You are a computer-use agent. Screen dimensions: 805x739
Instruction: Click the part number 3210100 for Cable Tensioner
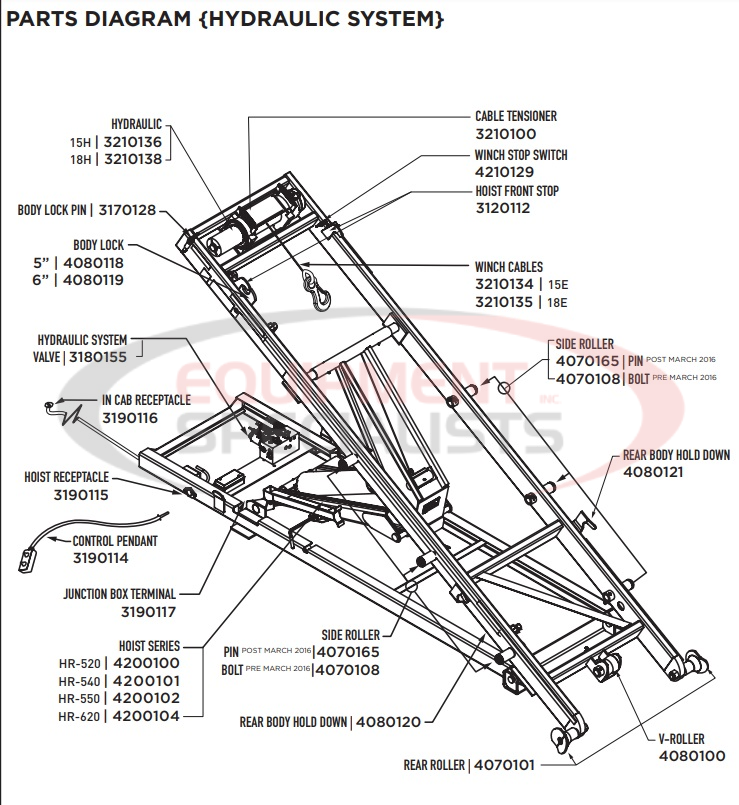(x=505, y=133)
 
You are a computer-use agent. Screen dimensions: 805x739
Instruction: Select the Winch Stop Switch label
(x=520, y=156)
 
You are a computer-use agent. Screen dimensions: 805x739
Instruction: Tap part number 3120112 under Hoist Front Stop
(x=502, y=208)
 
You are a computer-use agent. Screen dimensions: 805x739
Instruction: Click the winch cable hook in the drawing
(x=318, y=292)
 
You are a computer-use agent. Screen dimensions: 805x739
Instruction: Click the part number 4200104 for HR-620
(x=146, y=716)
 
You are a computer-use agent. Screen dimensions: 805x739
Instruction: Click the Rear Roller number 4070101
(x=506, y=766)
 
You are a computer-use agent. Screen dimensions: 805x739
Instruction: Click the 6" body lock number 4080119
(x=94, y=281)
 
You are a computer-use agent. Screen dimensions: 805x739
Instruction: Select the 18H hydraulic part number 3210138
(x=136, y=158)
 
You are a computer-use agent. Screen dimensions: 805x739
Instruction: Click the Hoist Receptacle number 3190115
(x=81, y=494)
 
